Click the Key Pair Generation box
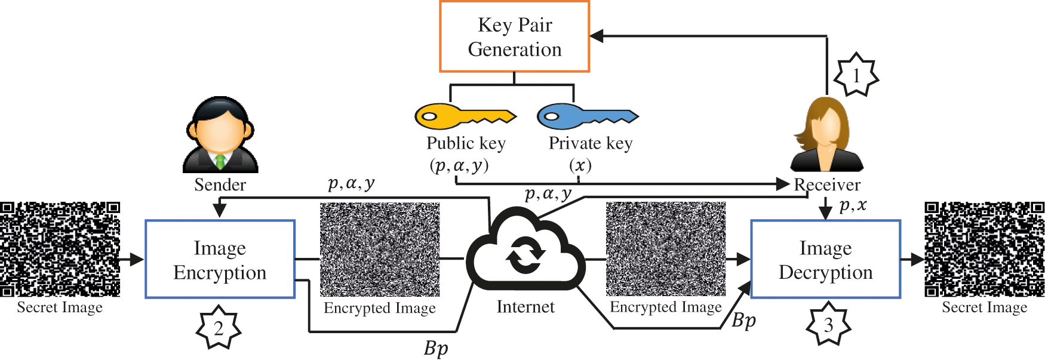514,37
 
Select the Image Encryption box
220,259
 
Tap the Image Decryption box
825,259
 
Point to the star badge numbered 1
856,75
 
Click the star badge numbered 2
219,328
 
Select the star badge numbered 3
828,324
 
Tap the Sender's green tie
220,161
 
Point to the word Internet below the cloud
525,307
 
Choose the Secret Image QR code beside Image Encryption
60,249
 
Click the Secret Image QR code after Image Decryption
984,249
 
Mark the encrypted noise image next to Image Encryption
380,250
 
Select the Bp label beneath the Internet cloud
436,348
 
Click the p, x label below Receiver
852,206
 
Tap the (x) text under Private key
580,165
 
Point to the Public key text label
466,143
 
